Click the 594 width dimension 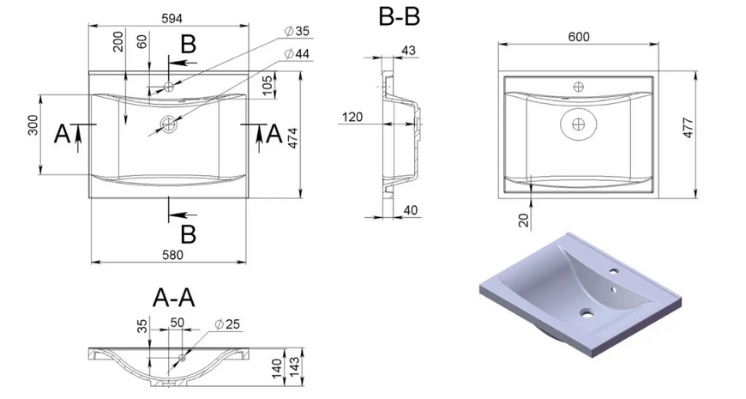[171, 18]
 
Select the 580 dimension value [172, 255]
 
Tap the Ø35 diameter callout [297, 32]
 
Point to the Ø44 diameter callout [297, 54]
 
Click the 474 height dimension [292, 138]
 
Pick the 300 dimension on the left [33, 125]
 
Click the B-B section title [400, 17]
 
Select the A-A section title [174, 299]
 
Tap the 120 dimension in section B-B [352, 117]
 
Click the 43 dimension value [409, 51]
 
